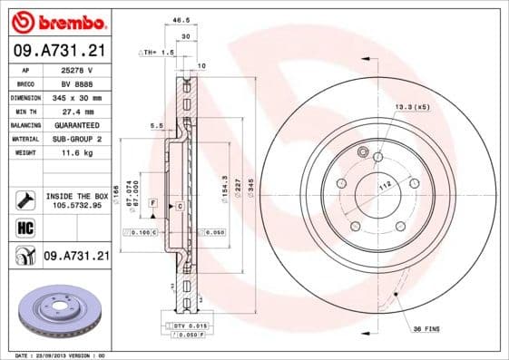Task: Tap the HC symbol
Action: [x=24, y=228]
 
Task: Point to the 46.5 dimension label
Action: [x=181, y=18]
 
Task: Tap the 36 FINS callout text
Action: [x=426, y=327]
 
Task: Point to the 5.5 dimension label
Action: [x=155, y=125]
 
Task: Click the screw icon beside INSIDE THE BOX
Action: [x=24, y=199]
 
